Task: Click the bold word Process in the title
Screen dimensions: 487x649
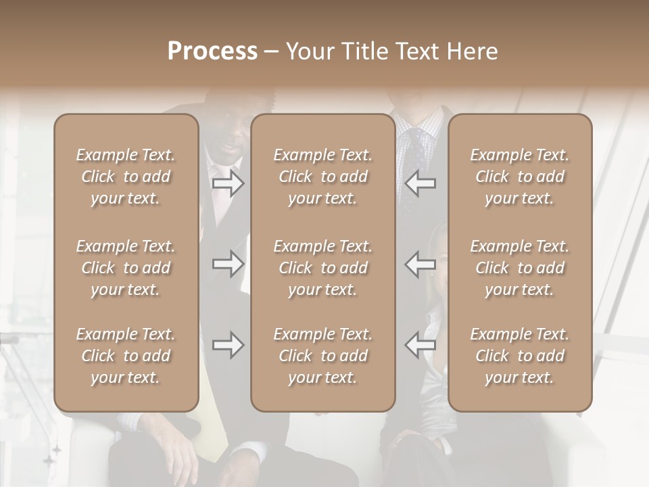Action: (212, 51)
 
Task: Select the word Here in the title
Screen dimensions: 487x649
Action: (473, 51)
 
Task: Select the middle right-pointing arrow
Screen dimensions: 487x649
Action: (228, 264)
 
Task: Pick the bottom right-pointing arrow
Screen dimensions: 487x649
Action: (228, 345)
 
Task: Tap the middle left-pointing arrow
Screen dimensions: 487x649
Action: (420, 264)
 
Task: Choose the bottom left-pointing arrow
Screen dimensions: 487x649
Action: (420, 345)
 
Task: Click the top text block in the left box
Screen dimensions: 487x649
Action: (126, 177)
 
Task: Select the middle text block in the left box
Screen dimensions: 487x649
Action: (126, 268)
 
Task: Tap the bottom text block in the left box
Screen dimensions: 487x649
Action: (126, 356)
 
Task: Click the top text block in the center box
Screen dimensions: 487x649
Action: (323, 177)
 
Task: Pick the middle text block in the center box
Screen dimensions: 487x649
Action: (323, 268)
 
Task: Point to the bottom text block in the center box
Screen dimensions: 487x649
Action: (323, 356)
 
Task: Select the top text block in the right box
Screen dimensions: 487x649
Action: (520, 177)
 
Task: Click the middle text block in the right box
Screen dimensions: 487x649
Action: (520, 268)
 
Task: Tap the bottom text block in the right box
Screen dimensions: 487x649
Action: (520, 356)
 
